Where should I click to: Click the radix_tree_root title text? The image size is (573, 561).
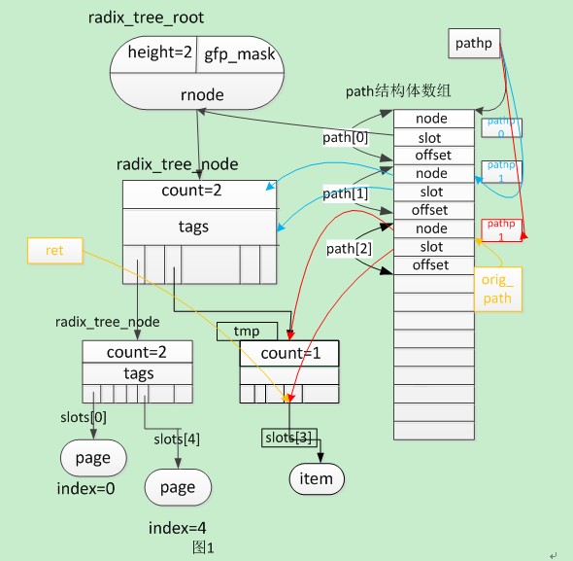pyautogui.click(x=158, y=18)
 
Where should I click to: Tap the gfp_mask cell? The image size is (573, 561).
pyautogui.click(x=239, y=54)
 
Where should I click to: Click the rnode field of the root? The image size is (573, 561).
pyautogui.click(x=202, y=94)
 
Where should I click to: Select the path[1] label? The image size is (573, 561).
pyautogui.click(x=344, y=193)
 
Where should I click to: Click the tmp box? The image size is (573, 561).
pyautogui.click(x=247, y=332)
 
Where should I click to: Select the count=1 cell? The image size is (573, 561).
pyautogui.click(x=288, y=354)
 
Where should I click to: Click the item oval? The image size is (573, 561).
pyautogui.click(x=317, y=477)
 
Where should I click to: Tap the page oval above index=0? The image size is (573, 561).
pyautogui.click(x=93, y=457)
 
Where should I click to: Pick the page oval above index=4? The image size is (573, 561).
pyautogui.click(x=177, y=487)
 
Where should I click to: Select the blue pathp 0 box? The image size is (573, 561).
pyautogui.click(x=502, y=127)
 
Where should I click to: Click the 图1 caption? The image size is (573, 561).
pyautogui.click(x=203, y=547)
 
